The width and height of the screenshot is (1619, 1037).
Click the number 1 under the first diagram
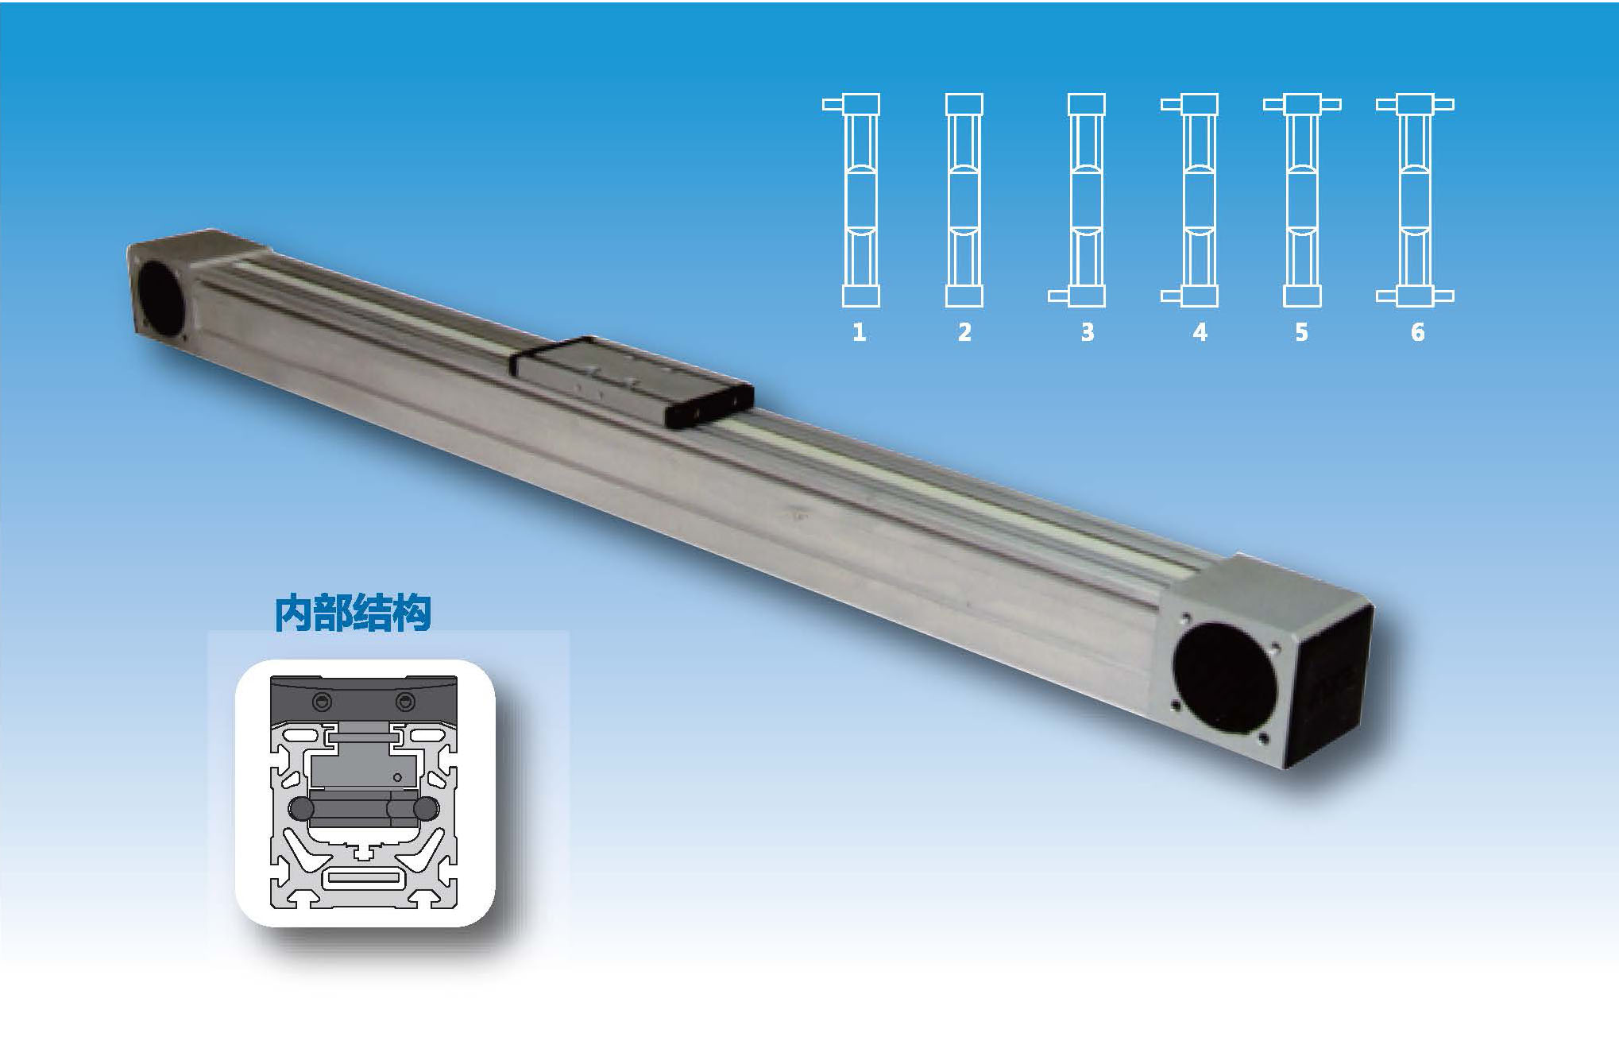859,332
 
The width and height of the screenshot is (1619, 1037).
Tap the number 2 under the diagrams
964,332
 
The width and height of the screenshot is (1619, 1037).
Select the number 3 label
1088,332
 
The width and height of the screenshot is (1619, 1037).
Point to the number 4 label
1200,332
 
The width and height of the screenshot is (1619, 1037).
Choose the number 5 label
1301,332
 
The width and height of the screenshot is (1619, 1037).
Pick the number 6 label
1418,332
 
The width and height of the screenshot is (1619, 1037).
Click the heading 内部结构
353,613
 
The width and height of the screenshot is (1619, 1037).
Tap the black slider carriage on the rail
632,382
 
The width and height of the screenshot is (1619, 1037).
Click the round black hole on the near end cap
1224,678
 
